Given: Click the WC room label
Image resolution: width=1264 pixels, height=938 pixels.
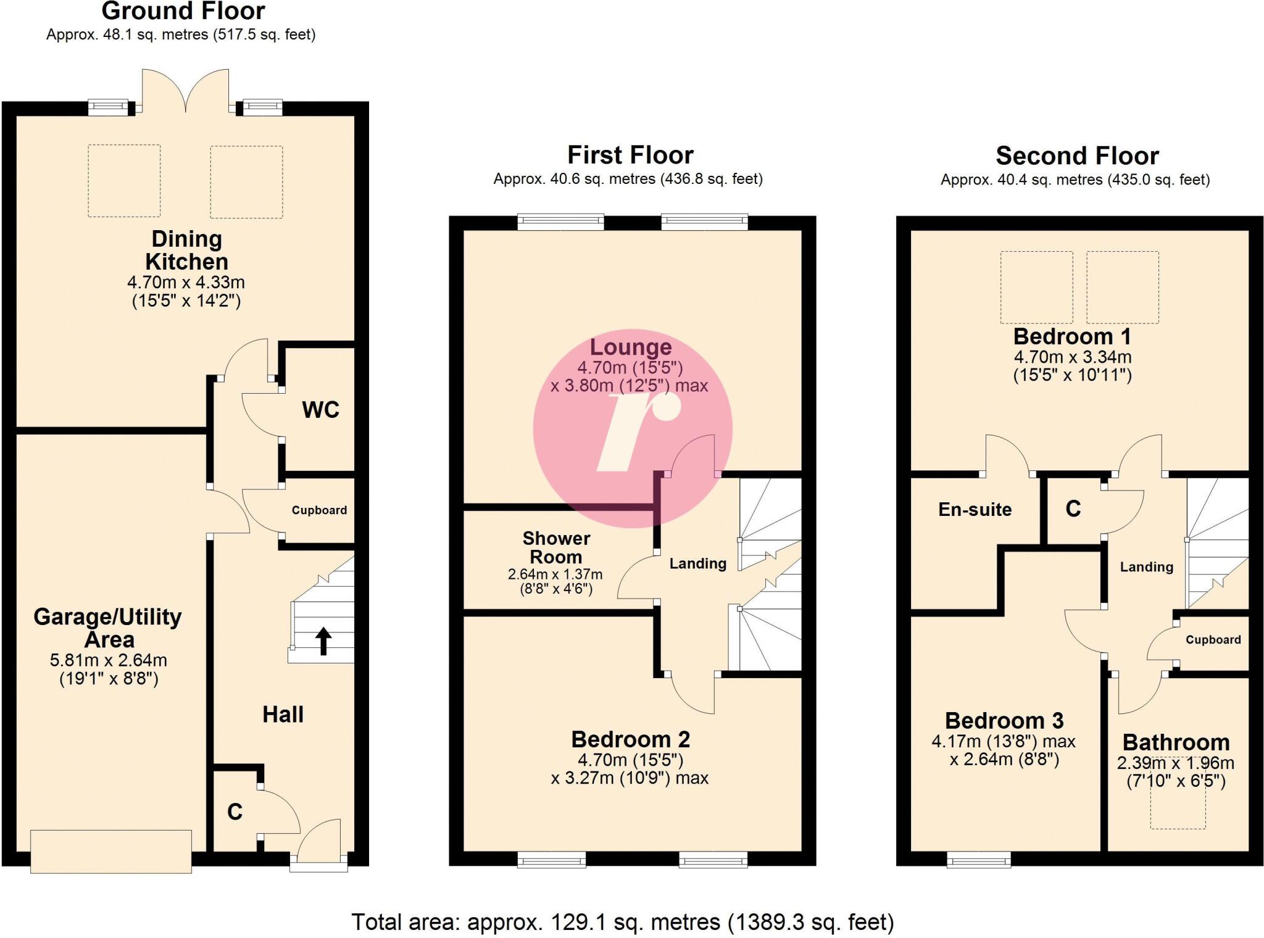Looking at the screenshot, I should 320,410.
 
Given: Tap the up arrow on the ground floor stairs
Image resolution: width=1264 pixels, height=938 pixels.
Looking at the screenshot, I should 323,641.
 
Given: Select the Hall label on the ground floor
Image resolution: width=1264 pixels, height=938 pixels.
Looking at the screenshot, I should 283,715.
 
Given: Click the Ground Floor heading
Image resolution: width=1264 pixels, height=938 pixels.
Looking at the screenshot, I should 183,11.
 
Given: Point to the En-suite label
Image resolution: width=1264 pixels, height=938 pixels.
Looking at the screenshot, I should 975,509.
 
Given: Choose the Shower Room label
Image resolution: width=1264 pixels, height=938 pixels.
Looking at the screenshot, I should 556,547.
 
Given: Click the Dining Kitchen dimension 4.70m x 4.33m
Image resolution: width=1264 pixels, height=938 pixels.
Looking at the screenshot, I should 186,283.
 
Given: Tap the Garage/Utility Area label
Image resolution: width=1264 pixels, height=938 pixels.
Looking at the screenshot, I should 108,628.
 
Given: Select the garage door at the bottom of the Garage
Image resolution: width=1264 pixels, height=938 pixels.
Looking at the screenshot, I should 111,852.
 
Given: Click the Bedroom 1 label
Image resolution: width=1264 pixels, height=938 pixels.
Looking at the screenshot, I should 1072,337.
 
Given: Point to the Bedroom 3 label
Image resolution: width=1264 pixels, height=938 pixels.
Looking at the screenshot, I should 1004,721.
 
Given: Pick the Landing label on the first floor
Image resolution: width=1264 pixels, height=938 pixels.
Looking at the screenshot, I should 697,563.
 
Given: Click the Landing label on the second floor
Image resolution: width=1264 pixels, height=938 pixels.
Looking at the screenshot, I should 1146,567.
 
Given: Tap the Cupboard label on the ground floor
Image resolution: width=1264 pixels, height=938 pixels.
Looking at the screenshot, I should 319,510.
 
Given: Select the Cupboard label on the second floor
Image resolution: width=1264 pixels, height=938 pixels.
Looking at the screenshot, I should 1213,640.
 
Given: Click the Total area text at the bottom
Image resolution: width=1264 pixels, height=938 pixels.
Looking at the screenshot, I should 622,922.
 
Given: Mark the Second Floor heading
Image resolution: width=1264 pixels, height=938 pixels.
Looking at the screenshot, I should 1077,156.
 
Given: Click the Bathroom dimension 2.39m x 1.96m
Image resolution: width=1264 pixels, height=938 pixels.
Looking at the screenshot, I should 1175,763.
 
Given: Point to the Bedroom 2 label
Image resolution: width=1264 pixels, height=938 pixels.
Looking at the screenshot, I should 630,739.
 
